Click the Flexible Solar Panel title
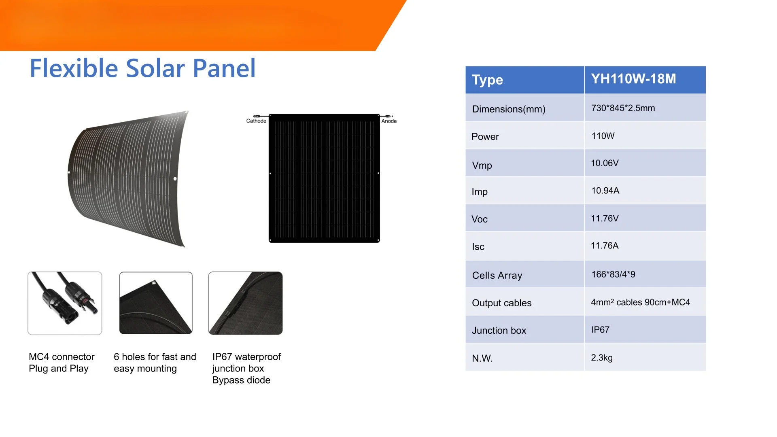click(142, 68)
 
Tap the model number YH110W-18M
click(633, 79)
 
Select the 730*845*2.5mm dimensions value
click(623, 108)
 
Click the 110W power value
click(603, 136)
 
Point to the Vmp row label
click(482, 165)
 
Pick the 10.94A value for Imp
click(605, 191)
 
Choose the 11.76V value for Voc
click(605, 218)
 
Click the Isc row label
click(478, 247)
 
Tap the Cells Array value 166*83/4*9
click(613, 274)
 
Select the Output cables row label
click(501, 303)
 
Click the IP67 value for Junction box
click(600, 330)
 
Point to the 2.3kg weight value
click(601, 358)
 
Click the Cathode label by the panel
click(256, 121)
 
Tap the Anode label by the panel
click(389, 121)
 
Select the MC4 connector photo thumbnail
click(65, 303)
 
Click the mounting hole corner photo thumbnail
click(156, 303)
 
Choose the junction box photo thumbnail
click(245, 303)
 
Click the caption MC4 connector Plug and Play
click(62, 363)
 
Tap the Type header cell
click(524, 80)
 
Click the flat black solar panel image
click(324, 178)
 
